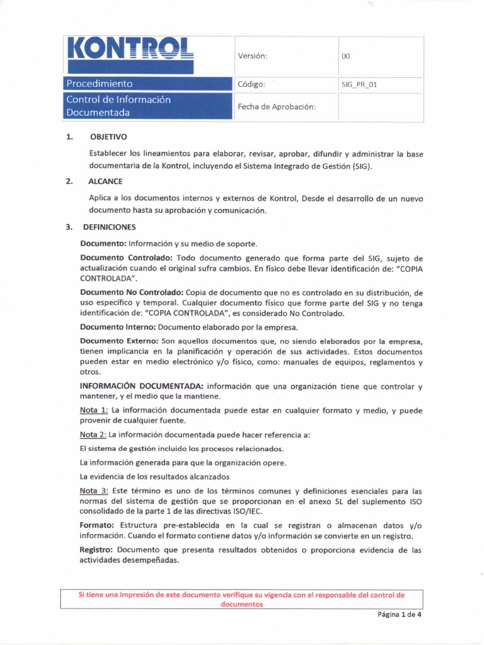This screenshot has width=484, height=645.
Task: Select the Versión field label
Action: click(x=253, y=56)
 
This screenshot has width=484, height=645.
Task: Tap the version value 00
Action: click(x=345, y=56)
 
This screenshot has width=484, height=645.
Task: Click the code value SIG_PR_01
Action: click(x=359, y=84)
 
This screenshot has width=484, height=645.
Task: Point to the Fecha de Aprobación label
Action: click(x=276, y=106)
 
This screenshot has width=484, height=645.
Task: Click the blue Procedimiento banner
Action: click(x=147, y=84)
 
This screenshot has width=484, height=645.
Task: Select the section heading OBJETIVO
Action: click(x=108, y=136)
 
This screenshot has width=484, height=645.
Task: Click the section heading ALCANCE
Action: click(x=107, y=181)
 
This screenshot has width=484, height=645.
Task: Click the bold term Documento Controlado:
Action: click(x=127, y=258)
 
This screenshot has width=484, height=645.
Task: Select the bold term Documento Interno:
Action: click(x=117, y=328)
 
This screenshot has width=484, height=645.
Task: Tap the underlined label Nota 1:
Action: click(x=93, y=411)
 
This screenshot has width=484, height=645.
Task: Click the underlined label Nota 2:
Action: click(x=93, y=435)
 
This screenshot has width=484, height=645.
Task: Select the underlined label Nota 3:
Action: click(x=93, y=491)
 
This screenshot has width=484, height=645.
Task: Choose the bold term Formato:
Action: click(x=97, y=525)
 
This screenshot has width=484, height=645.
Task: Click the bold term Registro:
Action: click(x=98, y=550)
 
